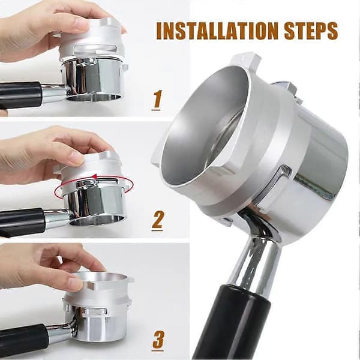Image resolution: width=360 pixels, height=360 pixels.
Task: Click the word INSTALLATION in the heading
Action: pos(217,31)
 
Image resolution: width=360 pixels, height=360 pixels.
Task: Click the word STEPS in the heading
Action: pos(311,31)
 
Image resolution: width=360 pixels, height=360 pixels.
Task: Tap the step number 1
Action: pos(157,100)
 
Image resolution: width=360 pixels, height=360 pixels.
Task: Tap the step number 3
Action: pos(158,340)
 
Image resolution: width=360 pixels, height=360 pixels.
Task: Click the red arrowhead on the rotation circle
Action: pos(95,176)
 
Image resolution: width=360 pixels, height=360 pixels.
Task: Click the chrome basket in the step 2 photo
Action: pos(95,202)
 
